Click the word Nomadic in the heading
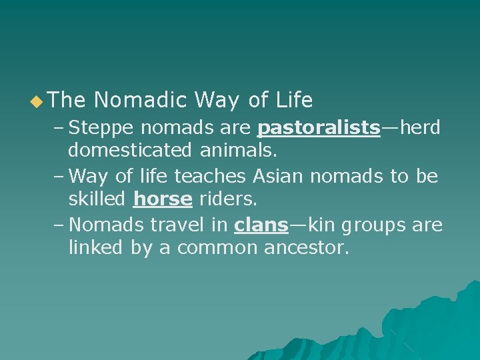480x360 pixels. [x=141, y=101]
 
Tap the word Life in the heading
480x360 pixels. [x=293, y=101]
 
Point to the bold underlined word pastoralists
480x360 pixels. [x=319, y=127]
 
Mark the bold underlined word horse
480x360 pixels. [x=163, y=199]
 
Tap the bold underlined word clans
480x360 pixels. [x=261, y=225]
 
